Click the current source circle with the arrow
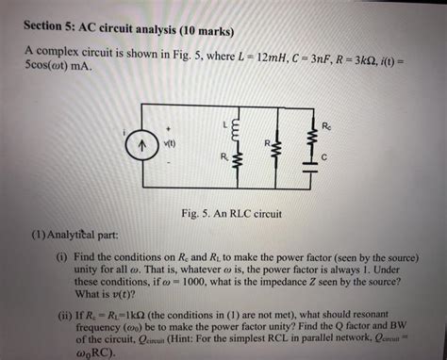point(143,146)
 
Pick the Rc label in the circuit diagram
point(327,124)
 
